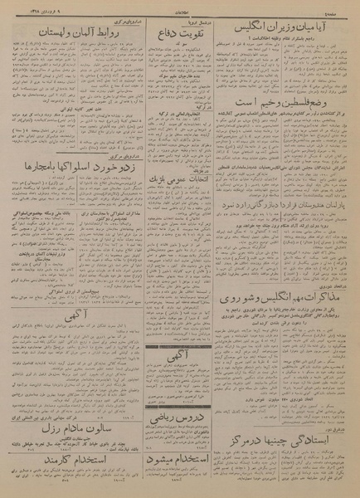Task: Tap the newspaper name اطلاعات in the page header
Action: (x=179, y=6)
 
